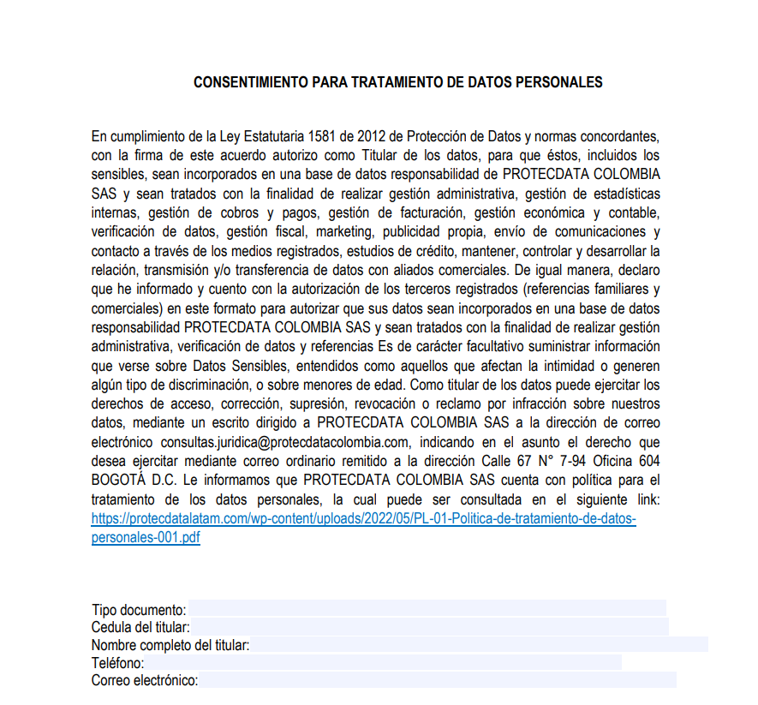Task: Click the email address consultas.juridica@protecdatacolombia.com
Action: pos(284,442)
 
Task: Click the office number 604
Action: pos(647,462)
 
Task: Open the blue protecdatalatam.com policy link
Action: pos(363,519)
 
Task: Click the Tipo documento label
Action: pos(139,610)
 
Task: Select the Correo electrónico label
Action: pos(145,681)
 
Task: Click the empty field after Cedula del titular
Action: pos(428,628)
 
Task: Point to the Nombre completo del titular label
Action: pos(170,645)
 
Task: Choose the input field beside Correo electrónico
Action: pos(437,681)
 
